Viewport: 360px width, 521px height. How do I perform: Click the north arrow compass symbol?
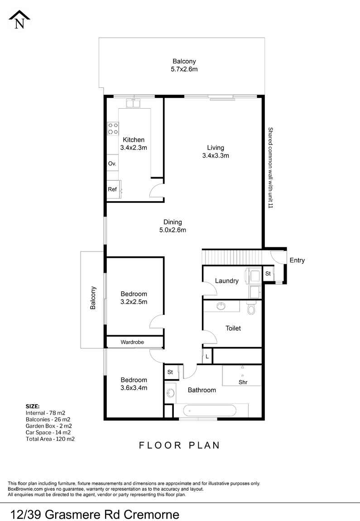(x=19, y=19)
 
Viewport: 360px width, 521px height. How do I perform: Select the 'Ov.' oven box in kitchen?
(x=112, y=164)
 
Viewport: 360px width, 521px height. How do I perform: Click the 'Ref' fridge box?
(x=112, y=189)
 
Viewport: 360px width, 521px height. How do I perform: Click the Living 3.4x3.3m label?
(x=216, y=152)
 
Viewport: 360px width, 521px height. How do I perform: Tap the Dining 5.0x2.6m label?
(x=173, y=226)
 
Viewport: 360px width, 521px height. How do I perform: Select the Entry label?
(x=297, y=260)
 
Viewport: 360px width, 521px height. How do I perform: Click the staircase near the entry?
(x=231, y=257)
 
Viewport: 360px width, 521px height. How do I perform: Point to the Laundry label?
(x=226, y=281)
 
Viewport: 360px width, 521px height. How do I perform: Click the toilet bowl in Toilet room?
(x=252, y=309)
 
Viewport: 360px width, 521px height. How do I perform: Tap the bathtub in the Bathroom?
(x=209, y=411)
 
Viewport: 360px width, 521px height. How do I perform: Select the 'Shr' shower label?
(x=243, y=382)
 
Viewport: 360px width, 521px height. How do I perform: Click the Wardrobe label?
(x=132, y=343)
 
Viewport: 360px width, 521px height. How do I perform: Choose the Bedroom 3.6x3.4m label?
(x=134, y=384)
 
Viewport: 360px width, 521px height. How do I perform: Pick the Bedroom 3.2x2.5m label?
(x=134, y=298)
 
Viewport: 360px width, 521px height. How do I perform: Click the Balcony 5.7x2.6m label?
(x=184, y=65)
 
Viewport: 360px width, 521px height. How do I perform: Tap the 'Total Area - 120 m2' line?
(x=50, y=439)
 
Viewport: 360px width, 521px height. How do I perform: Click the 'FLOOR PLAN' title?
(x=179, y=445)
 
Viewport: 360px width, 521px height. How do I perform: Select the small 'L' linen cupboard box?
(x=207, y=357)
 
